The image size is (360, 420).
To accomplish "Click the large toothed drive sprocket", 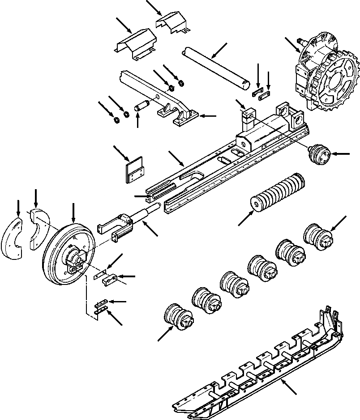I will pos(329,81).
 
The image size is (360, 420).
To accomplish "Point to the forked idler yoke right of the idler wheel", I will pos(116,226).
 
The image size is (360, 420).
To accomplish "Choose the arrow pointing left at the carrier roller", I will pos(342,154).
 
